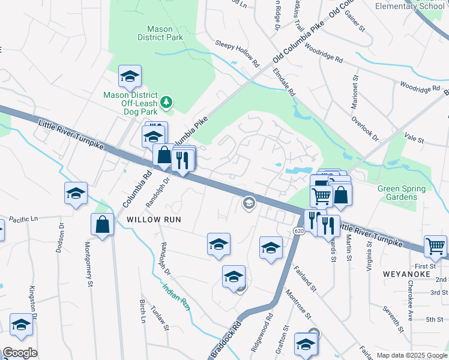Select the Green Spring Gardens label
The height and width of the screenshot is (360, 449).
tap(401, 193)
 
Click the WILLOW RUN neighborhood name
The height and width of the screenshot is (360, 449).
tap(152, 220)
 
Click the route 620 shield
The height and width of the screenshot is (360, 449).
tap(298, 230)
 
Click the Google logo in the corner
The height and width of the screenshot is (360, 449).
tap(20, 353)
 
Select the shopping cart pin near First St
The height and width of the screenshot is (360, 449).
tap(435, 245)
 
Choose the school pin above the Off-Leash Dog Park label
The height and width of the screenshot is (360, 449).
tap(130, 76)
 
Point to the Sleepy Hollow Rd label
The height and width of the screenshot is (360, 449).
tap(237, 53)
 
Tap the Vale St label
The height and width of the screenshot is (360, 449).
tap(414, 140)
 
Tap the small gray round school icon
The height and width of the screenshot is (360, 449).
tap(249, 203)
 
